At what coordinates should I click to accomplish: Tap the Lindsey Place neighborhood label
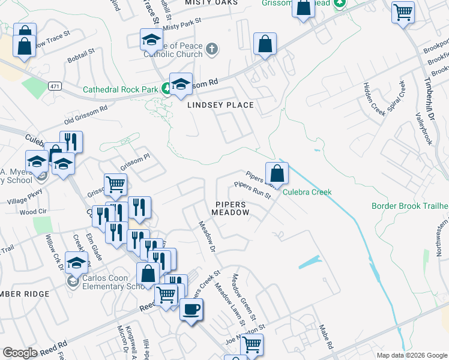(x=220, y=105)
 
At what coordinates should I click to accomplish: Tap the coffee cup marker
(x=191, y=310)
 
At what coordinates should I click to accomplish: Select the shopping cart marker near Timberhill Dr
(x=403, y=12)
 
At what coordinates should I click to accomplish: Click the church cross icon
(x=211, y=49)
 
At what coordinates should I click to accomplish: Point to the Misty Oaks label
(x=211, y=3)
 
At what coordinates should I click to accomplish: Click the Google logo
(x=20, y=353)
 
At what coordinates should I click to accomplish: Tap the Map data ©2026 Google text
(x=412, y=355)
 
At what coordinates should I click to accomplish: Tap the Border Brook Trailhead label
(x=410, y=206)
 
